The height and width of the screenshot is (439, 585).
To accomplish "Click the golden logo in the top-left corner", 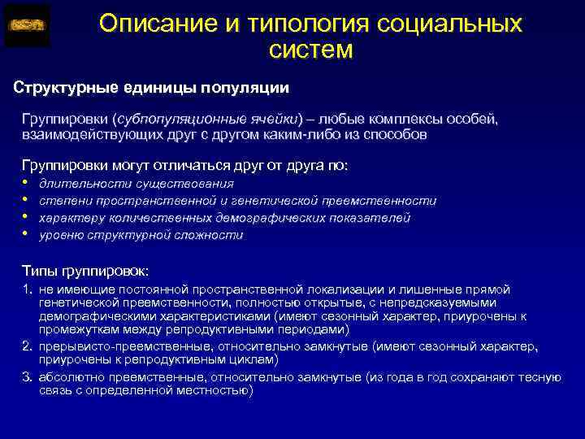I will tap(27, 25).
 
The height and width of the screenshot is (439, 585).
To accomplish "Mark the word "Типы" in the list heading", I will tap(37, 270).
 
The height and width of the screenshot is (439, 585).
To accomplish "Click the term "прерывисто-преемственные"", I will tap(110, 346).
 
